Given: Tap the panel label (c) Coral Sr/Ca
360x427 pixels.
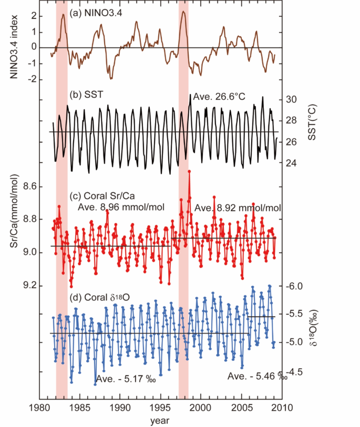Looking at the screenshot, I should (101, 196).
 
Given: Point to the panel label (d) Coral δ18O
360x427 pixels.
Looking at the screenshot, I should (99, 297).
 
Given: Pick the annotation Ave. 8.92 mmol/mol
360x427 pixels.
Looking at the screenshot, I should (238, 208).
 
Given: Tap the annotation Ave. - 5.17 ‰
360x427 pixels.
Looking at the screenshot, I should (128, 379).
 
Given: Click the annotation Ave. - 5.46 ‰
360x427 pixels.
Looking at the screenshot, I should (257, 377).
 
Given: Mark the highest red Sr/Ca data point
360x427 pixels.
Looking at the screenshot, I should (189, 171).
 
